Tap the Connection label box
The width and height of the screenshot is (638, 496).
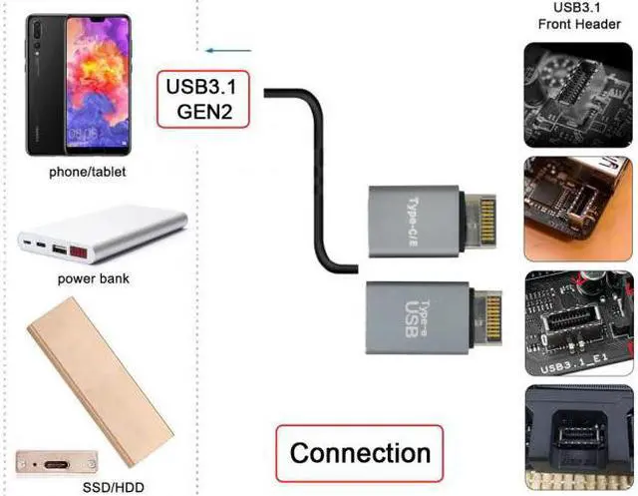[x=359, y=453]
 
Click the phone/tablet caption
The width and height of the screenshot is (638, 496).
[x=89, y=172]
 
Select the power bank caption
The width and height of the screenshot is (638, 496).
[x=91, y=278]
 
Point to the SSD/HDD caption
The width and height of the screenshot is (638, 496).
[x=91, y=487]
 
